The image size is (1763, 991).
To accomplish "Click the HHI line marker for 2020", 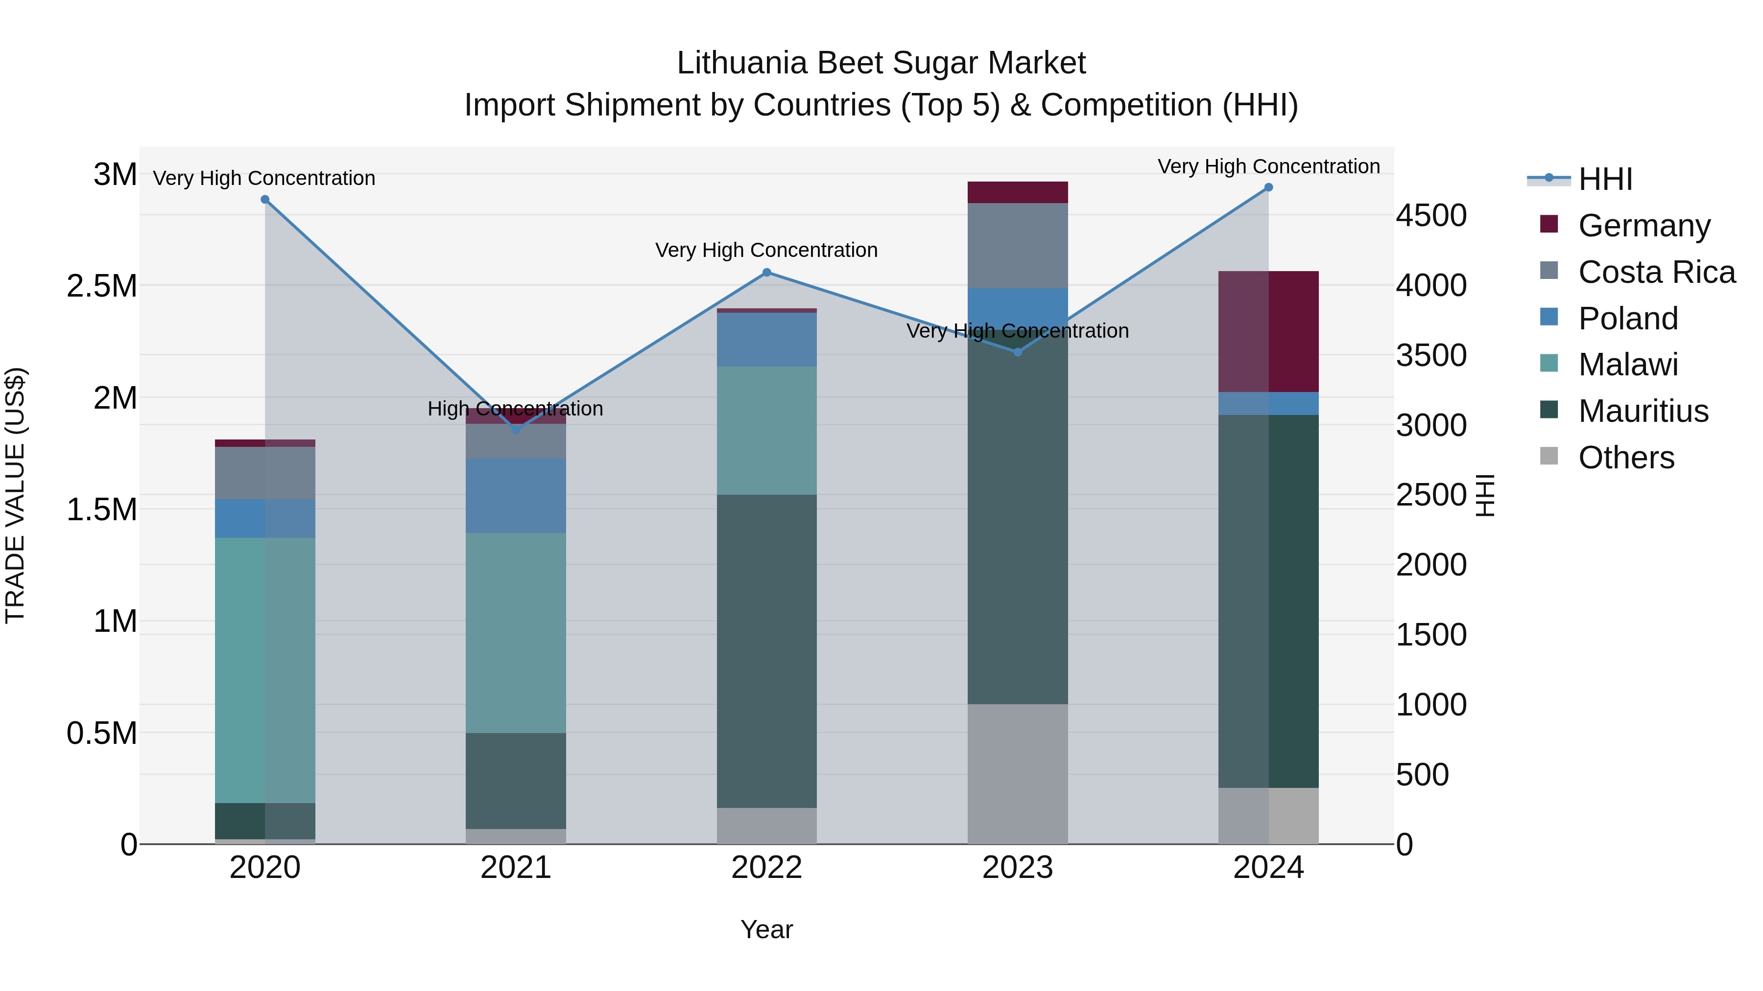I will pos(265,200).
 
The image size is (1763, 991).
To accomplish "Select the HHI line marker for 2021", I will pos(516,430).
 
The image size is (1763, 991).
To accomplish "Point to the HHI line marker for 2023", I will pos(1018,352).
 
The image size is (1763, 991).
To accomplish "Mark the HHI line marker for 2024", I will pos(1268,187).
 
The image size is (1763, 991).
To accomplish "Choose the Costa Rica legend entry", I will pos(1656,272).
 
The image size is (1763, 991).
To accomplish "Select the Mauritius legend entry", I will pos(1643,411).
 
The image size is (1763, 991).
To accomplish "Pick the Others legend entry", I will pos(1626,458).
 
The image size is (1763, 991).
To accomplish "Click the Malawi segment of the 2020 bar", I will pos(265,670).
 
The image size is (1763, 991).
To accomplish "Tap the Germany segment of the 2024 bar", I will pos(1268,332).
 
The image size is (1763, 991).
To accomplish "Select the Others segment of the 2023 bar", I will pos(1018,773).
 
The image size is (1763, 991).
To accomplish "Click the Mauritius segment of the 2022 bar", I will pos(766,650).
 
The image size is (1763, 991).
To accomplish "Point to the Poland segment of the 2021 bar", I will pos(516,496).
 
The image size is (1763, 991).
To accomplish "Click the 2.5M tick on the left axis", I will pos(101,286).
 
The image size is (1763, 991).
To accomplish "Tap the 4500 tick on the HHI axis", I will pos(1431,215).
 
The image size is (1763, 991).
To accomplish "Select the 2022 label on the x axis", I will pos(766,868).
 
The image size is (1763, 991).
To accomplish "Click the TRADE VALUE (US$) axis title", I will pos(15,495).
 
